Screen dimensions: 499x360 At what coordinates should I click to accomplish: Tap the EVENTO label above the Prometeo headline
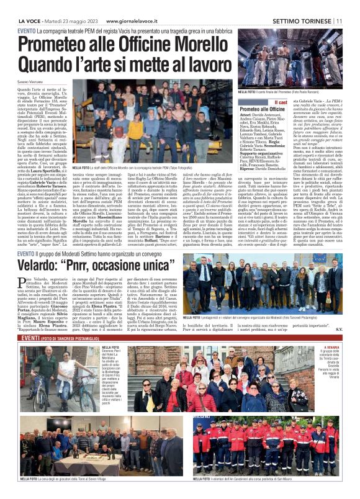[x=25, y=30]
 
